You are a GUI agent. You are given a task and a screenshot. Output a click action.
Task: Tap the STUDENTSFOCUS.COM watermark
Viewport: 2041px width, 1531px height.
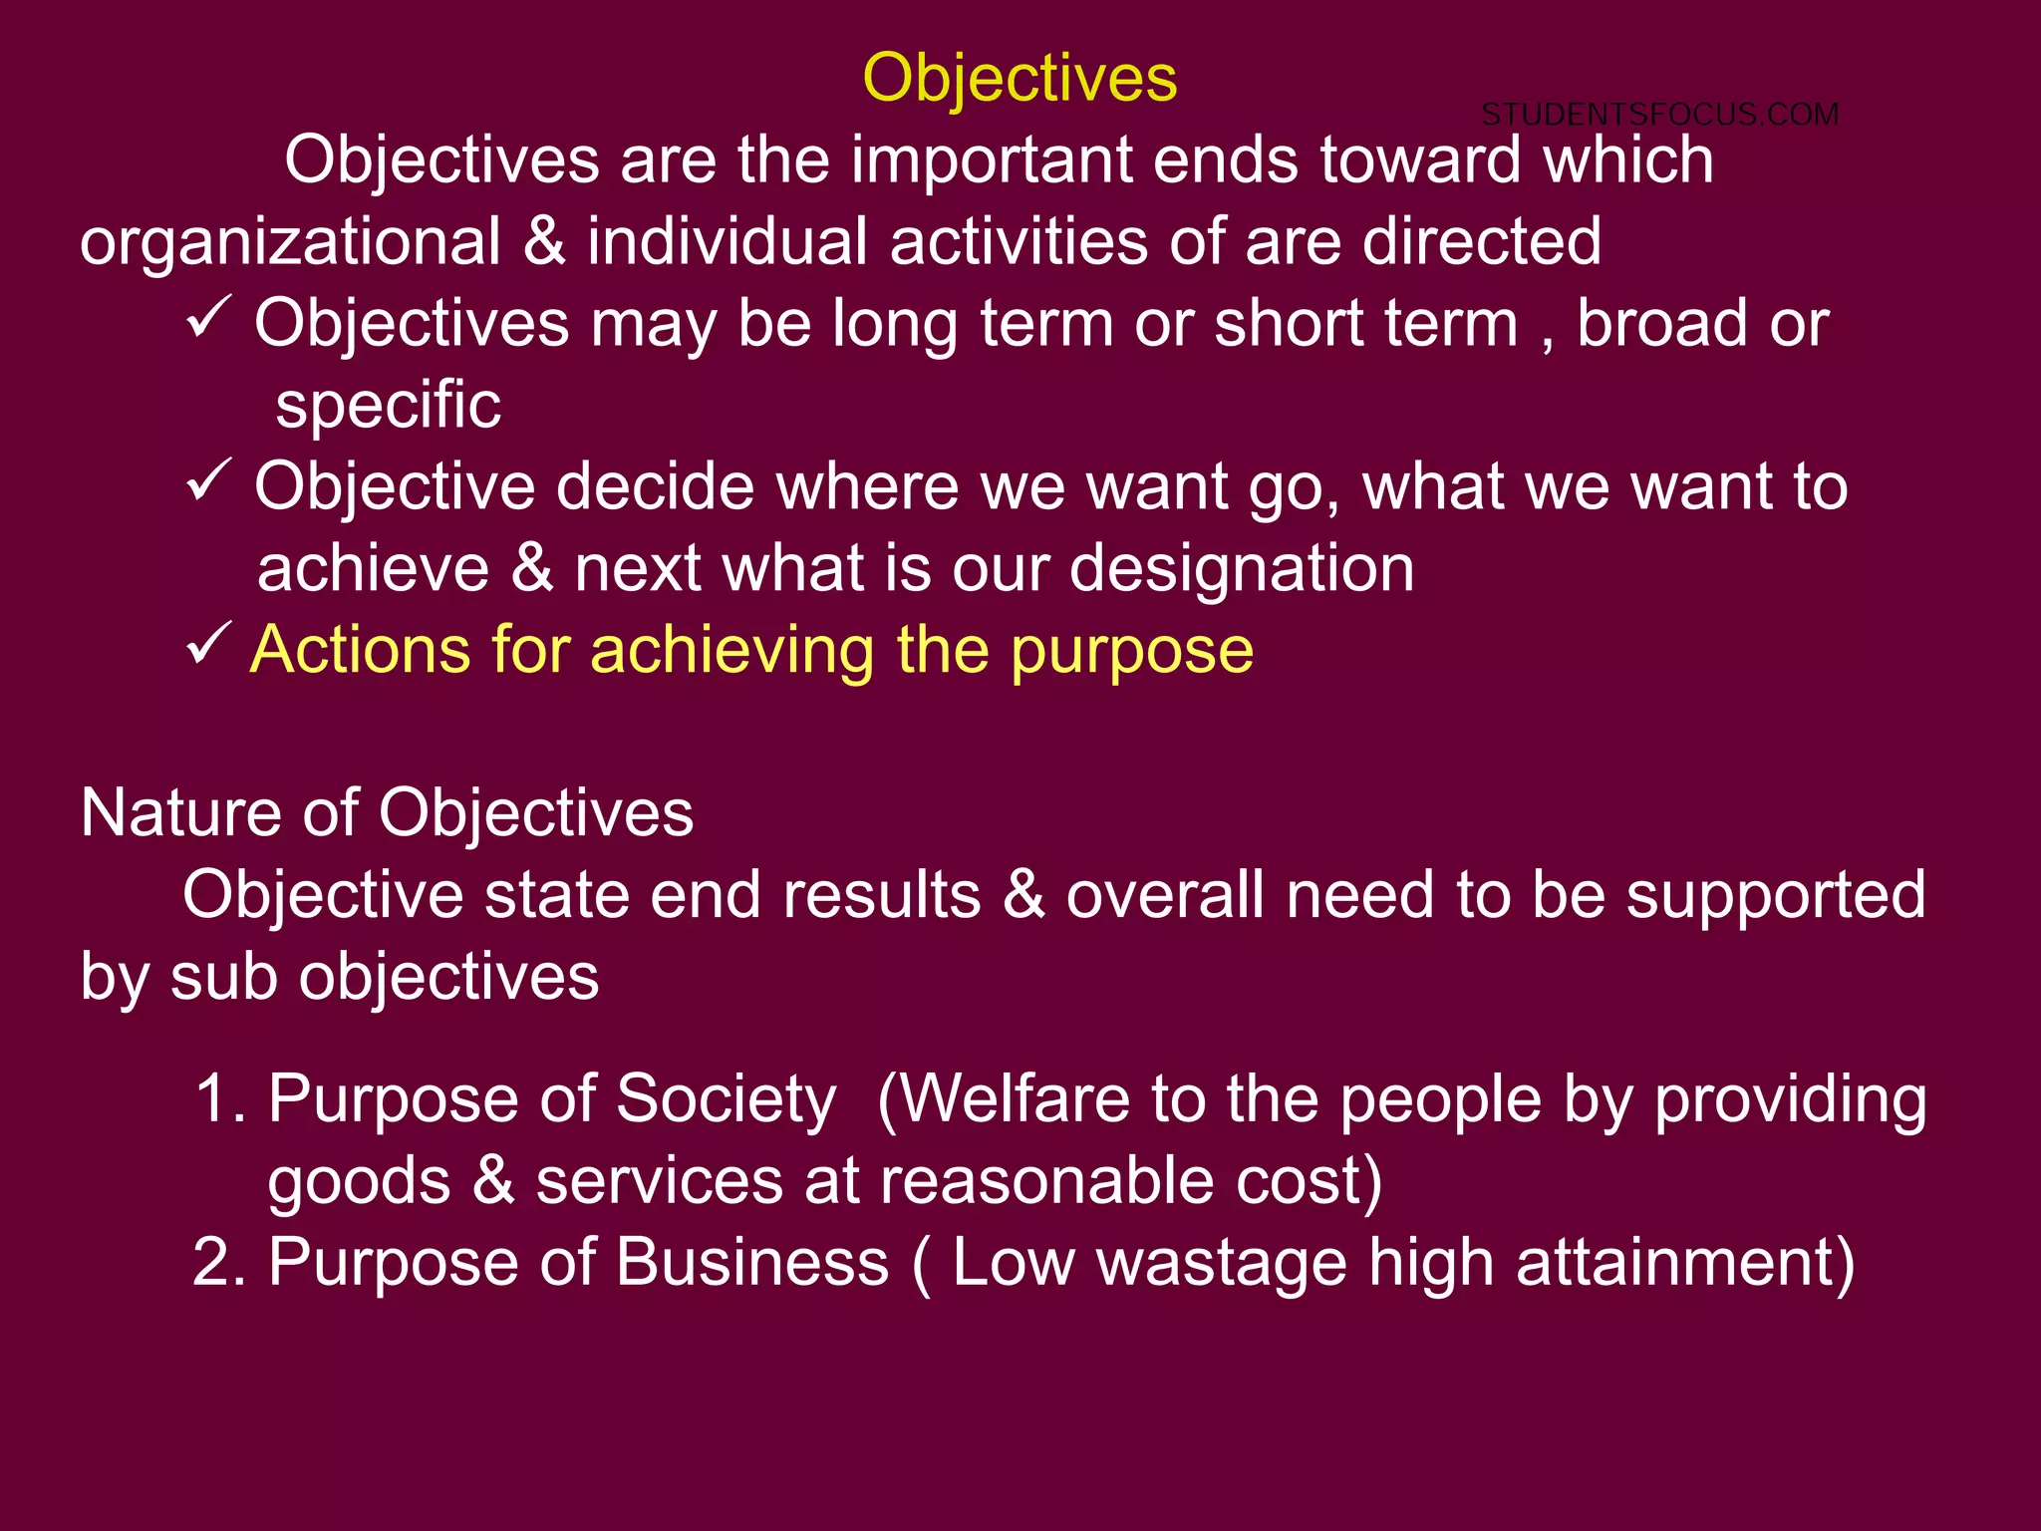pyautogui.click(x=1659, y=115)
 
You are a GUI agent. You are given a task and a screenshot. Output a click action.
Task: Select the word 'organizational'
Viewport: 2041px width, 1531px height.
pyautogui.click(x=290, y=242)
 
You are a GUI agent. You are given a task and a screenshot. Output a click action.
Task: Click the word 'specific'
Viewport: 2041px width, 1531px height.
pyautogui.click(x=388, y=406)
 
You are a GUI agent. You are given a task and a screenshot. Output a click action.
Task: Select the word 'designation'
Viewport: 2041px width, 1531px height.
pyautogui.click(x=1242, y=568)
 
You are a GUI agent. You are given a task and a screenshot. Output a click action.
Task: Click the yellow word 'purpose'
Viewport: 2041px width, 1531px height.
pyautogui.click(x=1132, y=652)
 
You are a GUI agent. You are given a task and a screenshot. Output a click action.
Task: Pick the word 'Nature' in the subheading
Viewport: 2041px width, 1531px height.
pyautogui.click(x=180, y=812)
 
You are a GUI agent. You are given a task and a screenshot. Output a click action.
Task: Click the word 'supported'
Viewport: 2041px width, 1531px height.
pyautogui.click(x=1776, y=895)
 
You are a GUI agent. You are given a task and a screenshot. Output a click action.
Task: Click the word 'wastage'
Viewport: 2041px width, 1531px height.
pyautogui.click(x=1222, y=1264)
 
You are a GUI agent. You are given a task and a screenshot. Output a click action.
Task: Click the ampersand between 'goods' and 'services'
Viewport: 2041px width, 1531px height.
pyautogui.click(x=493, y=1181)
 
